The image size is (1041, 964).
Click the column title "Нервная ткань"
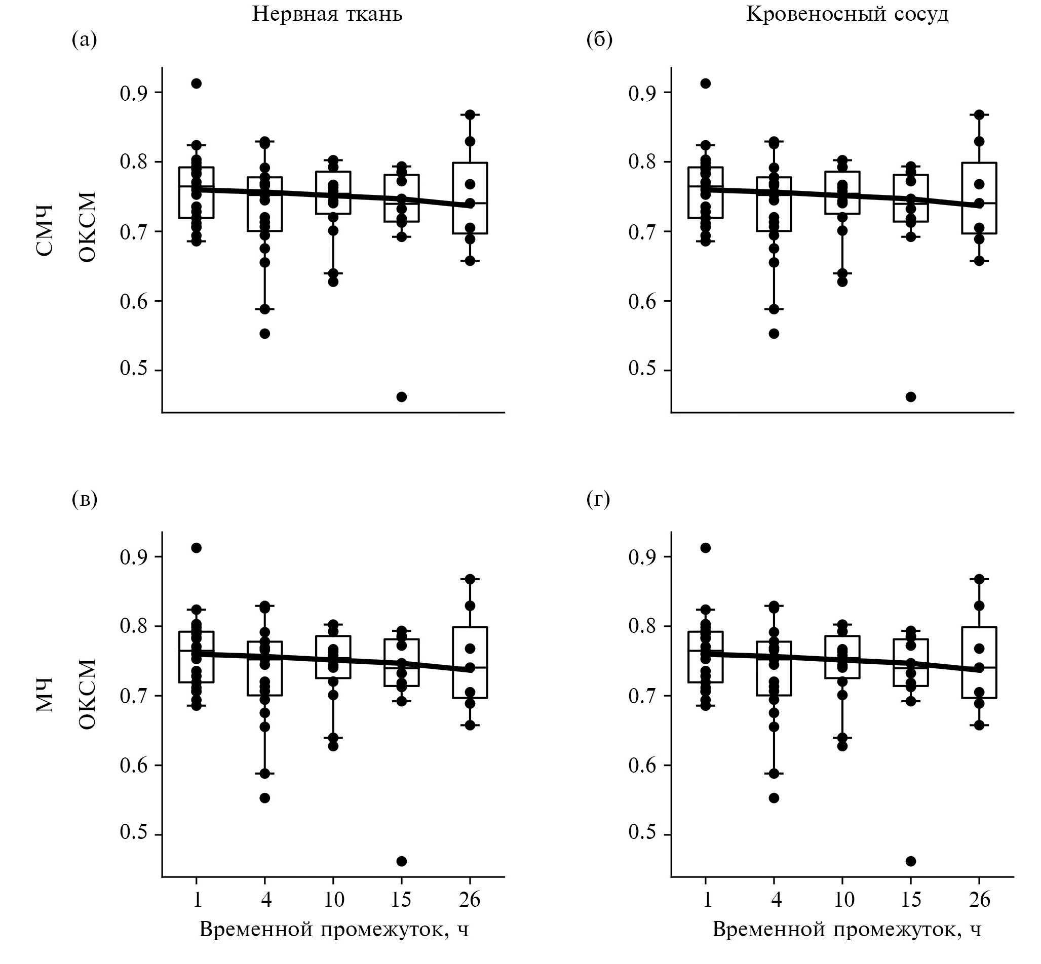(x=327, y=14)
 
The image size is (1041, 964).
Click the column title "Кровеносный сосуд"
(x=847, y=14)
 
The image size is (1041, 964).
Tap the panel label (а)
(x=84, y=39)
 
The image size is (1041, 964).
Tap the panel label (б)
(x=599, y=39)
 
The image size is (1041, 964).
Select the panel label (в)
(x=84, y=500)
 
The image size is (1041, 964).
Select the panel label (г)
(x=598, y=500)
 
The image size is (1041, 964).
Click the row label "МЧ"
(x=46, y=695)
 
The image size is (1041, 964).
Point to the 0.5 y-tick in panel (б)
(x=642, y=370)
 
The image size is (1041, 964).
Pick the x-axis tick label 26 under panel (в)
(x=470, y=899)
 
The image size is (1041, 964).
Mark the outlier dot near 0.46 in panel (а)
(x=401, y=397)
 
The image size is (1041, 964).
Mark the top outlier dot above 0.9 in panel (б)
(x=706, y=84)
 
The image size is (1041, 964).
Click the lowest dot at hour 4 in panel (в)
(x=264, y=797)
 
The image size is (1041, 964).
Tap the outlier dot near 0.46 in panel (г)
(x=910, y=861)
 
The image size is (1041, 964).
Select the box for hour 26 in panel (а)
(x=470, y=198)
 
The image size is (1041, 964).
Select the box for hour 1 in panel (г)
(x=706, y=656)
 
